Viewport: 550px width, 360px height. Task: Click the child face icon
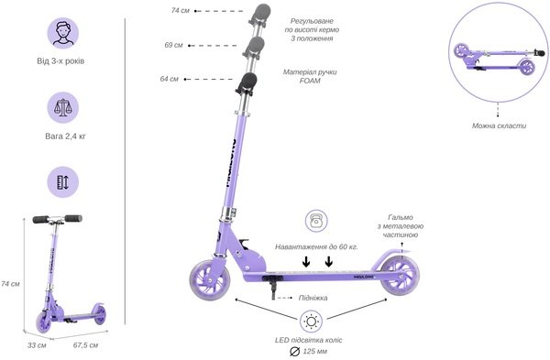63,33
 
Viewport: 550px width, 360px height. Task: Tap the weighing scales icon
63,107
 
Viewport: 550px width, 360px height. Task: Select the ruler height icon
63,182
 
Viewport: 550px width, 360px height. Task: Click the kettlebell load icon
316,221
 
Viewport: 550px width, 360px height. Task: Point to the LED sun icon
311,322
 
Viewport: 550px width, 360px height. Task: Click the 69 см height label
173,45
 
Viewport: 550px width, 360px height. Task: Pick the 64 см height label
169,79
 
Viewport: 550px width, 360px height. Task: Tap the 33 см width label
37,345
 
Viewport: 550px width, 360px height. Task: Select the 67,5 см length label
85,345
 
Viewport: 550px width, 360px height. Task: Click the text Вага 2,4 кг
65,136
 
